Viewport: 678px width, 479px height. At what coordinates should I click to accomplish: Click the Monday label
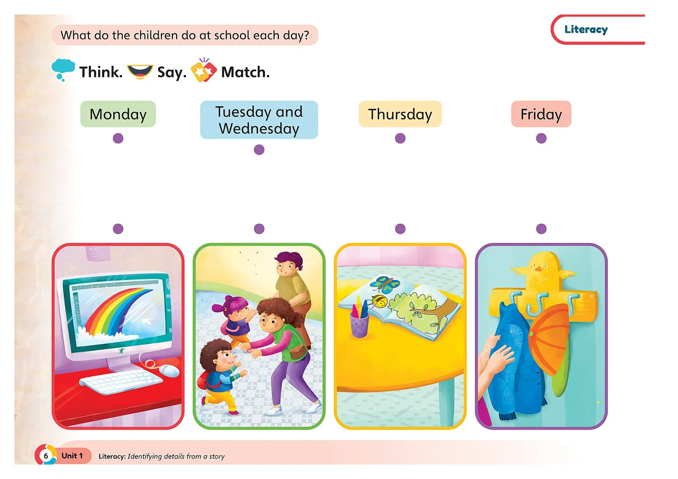118,114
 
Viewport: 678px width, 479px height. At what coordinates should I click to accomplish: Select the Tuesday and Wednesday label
259,120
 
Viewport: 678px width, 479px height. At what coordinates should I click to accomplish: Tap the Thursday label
400,114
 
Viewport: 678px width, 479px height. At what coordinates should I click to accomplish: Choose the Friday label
541,114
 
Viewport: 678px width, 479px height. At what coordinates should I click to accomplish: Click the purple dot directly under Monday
118,138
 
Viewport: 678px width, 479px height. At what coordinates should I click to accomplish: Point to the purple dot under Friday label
541,138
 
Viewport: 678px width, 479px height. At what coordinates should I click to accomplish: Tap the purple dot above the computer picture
118,229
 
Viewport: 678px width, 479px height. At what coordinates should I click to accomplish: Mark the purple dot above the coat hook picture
541,229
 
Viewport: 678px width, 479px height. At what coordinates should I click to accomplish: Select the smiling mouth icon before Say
140,72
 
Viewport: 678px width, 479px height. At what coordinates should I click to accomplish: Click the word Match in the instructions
245,72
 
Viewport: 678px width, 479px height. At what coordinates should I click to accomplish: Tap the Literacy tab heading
586,29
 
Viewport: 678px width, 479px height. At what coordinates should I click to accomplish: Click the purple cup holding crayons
359,324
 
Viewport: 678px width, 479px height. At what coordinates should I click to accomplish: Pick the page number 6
46,456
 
